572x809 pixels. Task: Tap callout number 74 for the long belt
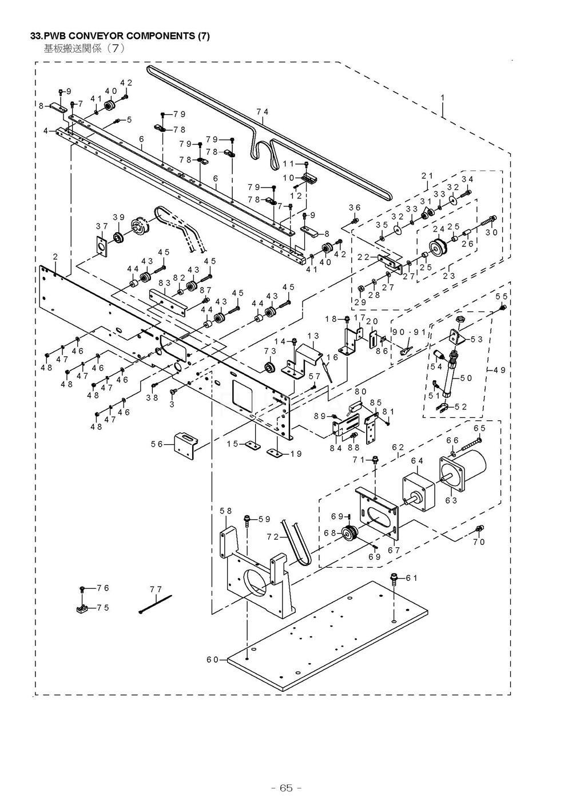[263, 112]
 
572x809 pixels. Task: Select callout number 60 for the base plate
[212, 660]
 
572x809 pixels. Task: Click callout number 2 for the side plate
[55, 257]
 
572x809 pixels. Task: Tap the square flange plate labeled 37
[102, 246]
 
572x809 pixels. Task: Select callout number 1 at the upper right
[442, 98]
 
